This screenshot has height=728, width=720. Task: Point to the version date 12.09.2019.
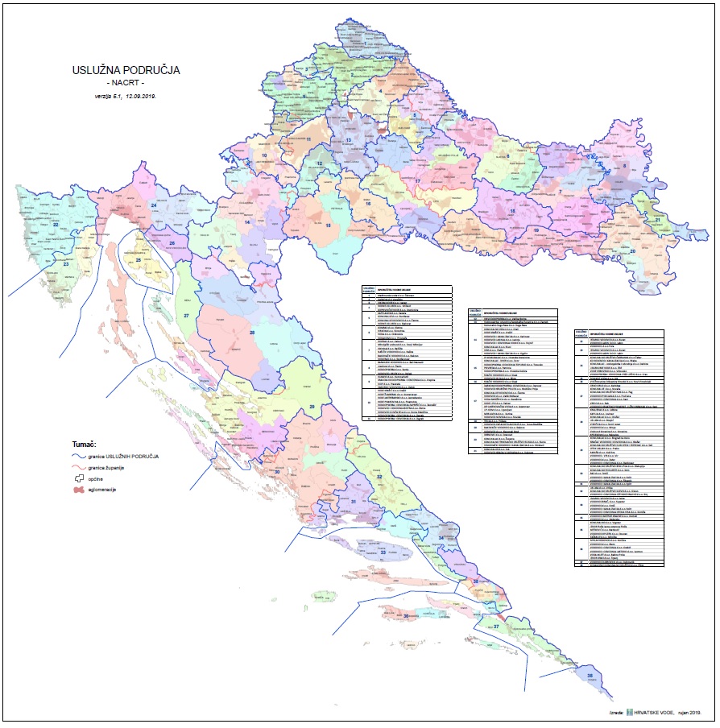point(139,96)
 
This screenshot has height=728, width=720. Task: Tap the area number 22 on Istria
point(56,237)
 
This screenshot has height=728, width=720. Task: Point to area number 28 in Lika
point(252,332)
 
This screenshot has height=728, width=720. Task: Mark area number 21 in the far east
point(658,220)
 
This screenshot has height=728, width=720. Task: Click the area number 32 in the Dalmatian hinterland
point(379,478)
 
